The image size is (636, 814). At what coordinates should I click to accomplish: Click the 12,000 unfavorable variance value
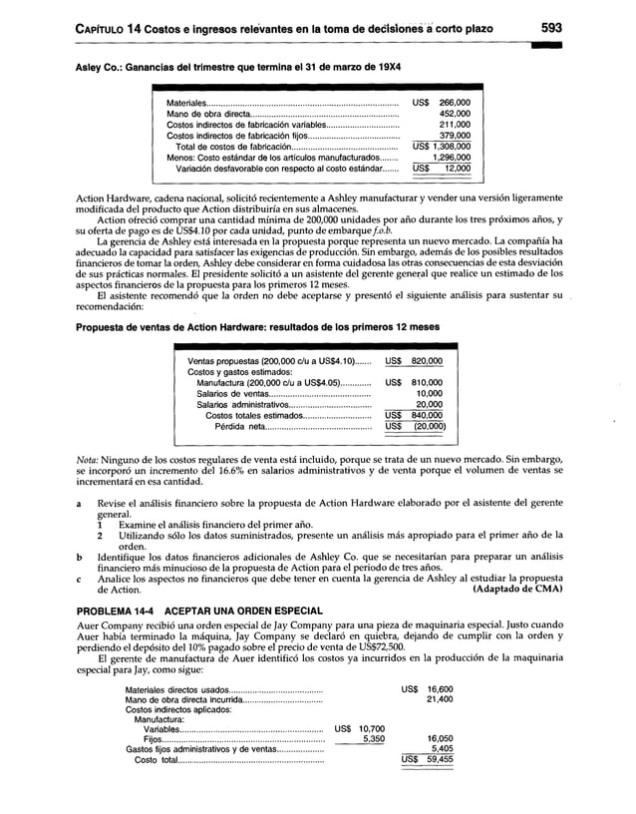pyautogui.click(x=459, y=169)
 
